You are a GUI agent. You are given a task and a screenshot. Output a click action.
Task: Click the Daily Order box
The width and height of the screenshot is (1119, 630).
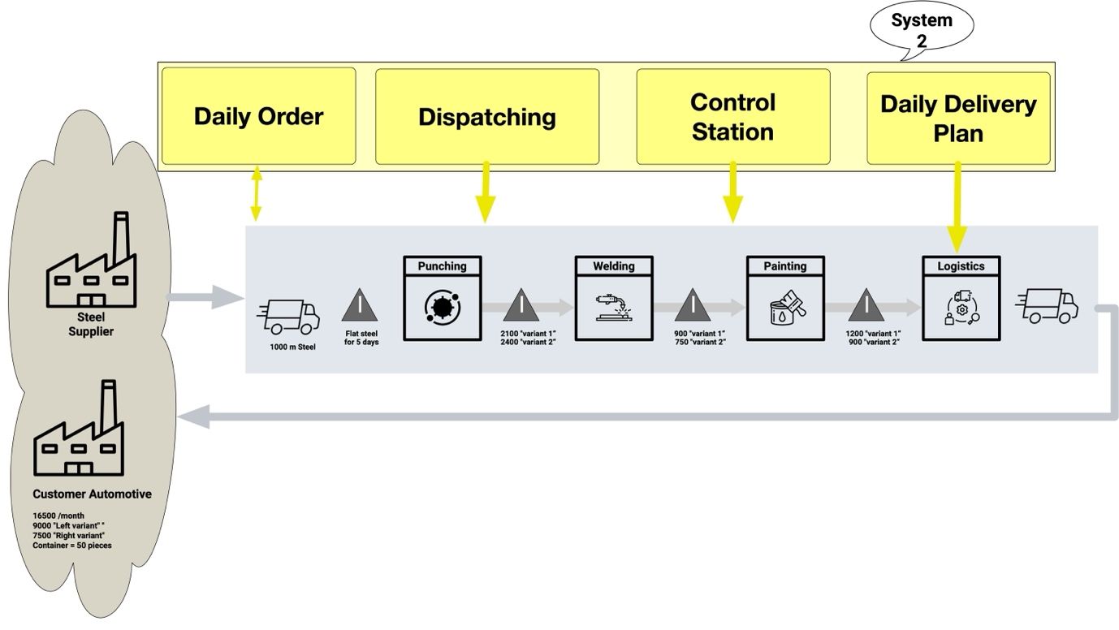pos(258,116)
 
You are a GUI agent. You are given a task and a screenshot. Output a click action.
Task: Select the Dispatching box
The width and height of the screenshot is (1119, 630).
pos(487,117)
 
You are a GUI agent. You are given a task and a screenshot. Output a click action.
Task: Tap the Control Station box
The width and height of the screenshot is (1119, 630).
pos(732,116)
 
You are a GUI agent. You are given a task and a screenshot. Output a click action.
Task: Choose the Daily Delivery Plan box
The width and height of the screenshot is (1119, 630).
pos(958,118)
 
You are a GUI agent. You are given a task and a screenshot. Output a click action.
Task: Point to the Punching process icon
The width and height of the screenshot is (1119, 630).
pos(443,307)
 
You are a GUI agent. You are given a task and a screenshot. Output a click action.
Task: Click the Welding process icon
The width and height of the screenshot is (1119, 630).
pos(614,307)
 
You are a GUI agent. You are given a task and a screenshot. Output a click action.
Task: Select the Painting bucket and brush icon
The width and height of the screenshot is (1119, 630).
pos(785,307)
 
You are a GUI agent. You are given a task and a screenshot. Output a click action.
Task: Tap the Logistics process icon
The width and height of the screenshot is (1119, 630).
pos(961,307)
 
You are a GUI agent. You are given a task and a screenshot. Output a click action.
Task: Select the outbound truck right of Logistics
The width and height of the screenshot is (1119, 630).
pos(1048,306)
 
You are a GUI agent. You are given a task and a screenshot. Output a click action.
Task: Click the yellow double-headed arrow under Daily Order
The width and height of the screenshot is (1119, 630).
pos(257,194)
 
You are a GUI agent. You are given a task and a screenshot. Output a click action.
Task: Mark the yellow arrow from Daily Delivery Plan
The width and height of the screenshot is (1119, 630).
pos(957,207)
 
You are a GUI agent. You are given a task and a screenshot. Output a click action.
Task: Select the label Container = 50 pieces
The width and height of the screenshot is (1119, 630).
pos(72,546)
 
